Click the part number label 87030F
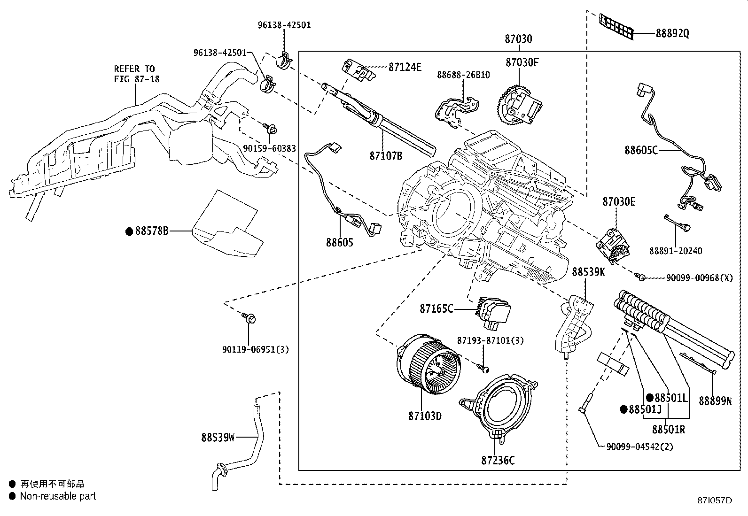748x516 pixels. (x=522, y=62)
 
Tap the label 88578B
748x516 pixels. (x=152, y=231)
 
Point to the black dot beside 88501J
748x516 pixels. (x=623, y=409)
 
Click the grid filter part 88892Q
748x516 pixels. (x=616, y=27)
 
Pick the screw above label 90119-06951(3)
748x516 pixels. (x=249, y=318)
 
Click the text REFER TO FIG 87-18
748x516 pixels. (x=137, y=74)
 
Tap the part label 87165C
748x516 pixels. (x=436, y=309)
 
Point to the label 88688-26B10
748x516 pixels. (x=463, y=75)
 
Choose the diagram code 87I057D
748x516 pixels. (x=715, y=501)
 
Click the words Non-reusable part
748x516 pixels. (x=58, y=496)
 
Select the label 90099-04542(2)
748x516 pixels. (x=639, y=447)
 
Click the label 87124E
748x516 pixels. (x=405, y=67)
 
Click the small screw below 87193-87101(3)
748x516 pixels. (x=484, y=368)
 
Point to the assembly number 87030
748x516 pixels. (x=518, y=39)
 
